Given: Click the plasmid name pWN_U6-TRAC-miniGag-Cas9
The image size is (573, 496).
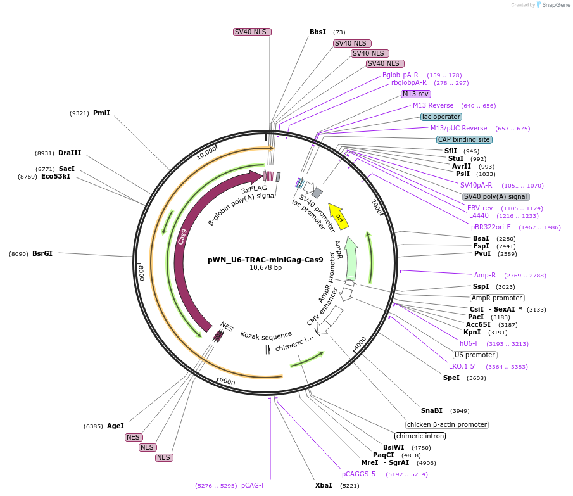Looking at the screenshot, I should [265, 260].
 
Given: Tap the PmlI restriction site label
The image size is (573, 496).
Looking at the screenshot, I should [101, 113].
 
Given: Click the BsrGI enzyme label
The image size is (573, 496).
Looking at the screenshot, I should [42, 253].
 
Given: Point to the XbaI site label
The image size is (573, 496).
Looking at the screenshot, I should [323, 485].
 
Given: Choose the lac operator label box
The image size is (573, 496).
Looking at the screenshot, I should [441, 117].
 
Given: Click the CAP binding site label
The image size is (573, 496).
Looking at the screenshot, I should [464, 139].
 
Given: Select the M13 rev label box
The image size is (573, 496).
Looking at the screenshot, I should [415, 94].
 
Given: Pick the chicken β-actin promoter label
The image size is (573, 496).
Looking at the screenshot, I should [447, 424].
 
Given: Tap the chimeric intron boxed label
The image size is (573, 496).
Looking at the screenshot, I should [420, 436].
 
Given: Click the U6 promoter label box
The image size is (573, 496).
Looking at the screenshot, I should [475, 355].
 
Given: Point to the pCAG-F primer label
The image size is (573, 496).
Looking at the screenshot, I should [253, 485].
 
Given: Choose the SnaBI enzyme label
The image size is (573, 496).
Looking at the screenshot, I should [432, 410].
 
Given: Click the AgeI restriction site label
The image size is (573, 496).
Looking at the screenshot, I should [115, 426].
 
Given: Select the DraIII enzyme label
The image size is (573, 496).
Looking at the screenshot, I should [70, 153].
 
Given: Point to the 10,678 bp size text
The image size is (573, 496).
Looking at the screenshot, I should [265, 268].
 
